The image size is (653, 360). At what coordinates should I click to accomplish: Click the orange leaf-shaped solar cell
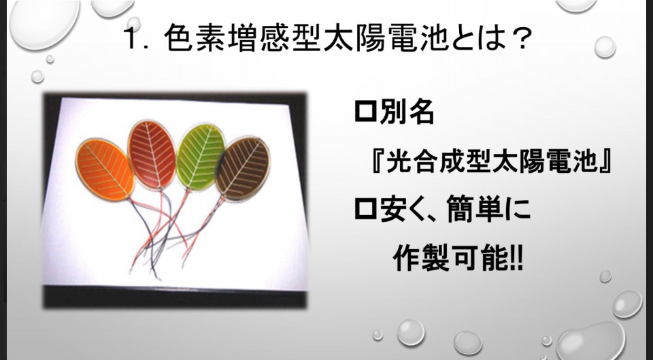tap(105, 169)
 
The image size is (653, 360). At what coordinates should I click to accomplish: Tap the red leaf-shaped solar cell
tap(152, 154)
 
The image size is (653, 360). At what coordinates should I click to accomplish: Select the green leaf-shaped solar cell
tap(201, 157)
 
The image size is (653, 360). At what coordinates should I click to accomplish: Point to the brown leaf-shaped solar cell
tap(243, 168)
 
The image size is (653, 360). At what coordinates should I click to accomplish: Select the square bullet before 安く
tap(365, 209)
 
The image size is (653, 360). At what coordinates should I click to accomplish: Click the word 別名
tap(407, 112)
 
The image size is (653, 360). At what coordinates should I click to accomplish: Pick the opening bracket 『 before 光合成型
tap(376, 160)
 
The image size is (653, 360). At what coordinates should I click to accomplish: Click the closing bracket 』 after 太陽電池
tap(604, 160)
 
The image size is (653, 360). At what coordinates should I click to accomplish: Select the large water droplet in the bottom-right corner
tap(592, 340)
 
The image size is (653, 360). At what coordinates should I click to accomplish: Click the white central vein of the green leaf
tap(201, 157)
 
